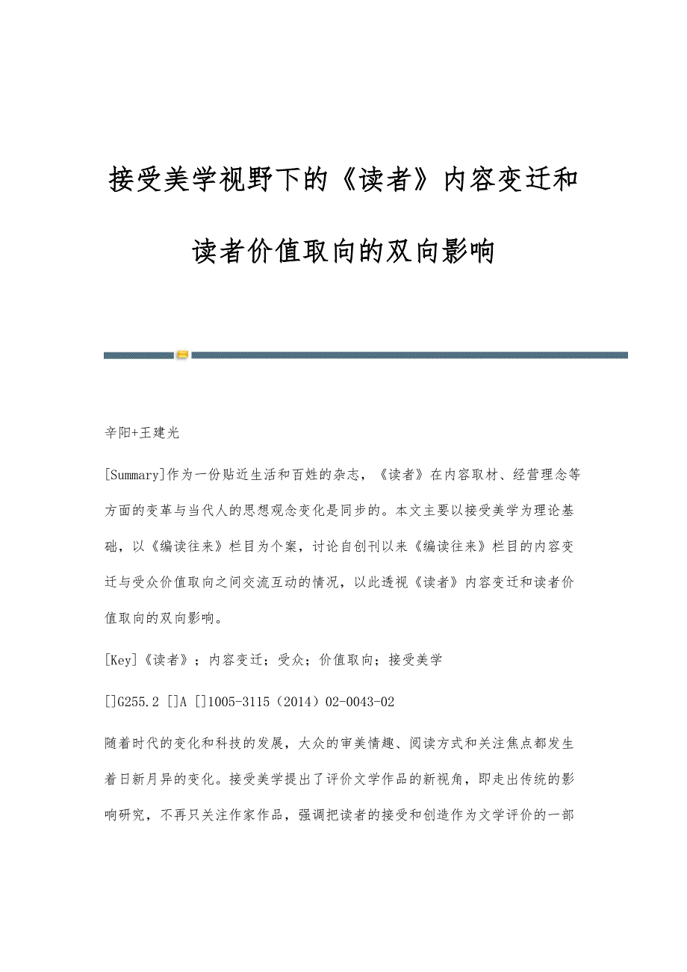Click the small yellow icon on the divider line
[183, 355]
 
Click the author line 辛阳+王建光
[142, 432]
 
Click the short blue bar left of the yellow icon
[138, 355]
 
